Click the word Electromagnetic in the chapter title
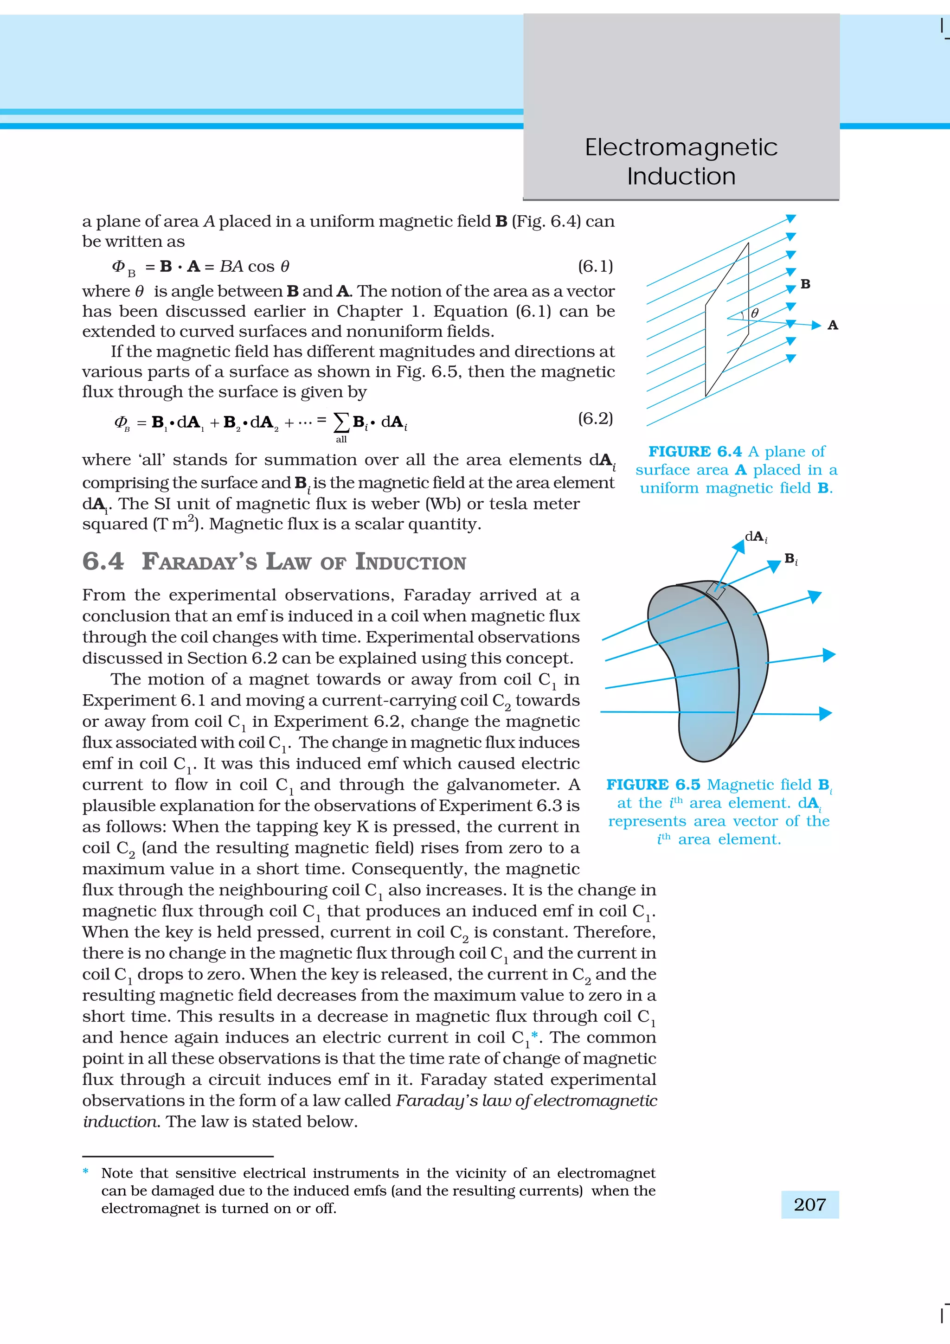click(x=681, y=147)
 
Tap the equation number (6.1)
click(x=595, y=266)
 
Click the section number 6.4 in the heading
click(x=103, y=561)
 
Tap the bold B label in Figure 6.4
click(x=805, y=284)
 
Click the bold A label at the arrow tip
click(x=832, y=326)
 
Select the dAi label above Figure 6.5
click(x=756, y=537)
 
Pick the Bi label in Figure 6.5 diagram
click(x=791, y=559)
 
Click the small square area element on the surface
click(x=715, y=591)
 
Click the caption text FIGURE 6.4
click(x=695, y=451)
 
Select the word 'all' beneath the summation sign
click(x=341, y=439)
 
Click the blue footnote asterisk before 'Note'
click(x=86, y=1171)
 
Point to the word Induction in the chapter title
click(x=681, y=176)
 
